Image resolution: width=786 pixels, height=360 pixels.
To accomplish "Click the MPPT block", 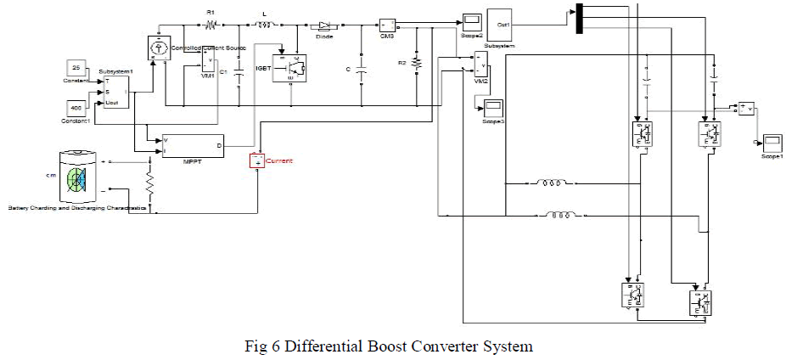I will [193, 146].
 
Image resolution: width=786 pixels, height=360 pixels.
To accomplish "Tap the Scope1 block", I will [771, 143].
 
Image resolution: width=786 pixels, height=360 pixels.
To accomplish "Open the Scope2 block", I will [472, 20].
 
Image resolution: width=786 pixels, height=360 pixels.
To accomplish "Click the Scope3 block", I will [492, 108].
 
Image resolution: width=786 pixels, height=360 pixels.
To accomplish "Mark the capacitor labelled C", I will [362, 72].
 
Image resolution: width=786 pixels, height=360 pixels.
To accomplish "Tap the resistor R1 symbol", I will [211, 25].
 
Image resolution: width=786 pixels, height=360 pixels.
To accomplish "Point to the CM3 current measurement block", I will [387, 25].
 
